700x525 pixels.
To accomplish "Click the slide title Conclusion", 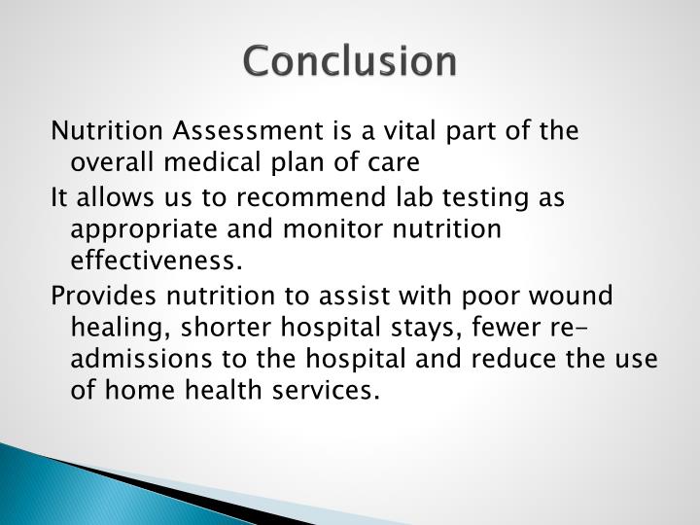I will coord(349,61).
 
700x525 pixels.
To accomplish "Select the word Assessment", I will coord(227,130).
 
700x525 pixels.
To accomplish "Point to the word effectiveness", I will coord(154,261).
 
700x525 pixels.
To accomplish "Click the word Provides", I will coord(96,296).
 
